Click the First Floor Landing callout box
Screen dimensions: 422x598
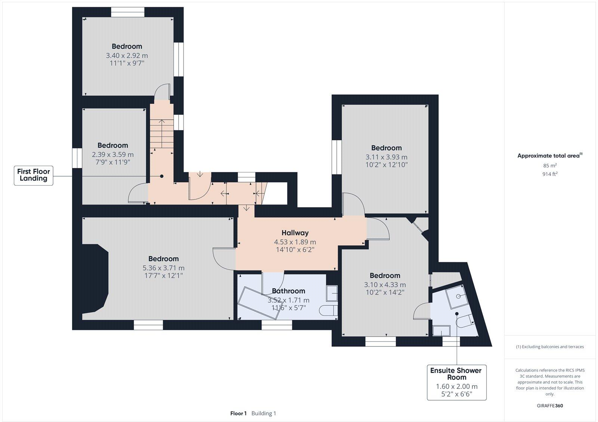coord(34,175)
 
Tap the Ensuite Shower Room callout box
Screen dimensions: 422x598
coord(456,382)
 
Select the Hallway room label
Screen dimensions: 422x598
coord(295,233)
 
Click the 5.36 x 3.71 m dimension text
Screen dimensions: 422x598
coord(163,268)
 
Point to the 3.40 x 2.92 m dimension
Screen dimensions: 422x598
coord(127,55)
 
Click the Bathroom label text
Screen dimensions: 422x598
coord(288,291)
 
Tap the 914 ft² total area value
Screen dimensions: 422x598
coord(550,174)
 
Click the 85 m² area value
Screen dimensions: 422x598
coord(550,165)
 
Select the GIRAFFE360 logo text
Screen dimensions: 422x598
coord(550,406)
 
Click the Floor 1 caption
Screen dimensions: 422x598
coord(238,413)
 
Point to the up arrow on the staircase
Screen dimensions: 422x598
coord(162,122)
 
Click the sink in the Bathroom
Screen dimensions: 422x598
coord(332,293)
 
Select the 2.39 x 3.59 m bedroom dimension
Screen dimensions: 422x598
coord(112,155)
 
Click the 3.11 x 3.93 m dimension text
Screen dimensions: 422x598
coord(386,157)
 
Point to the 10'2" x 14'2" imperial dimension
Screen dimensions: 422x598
coord(385,292)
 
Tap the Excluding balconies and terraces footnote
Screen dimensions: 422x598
coord(550,347)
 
